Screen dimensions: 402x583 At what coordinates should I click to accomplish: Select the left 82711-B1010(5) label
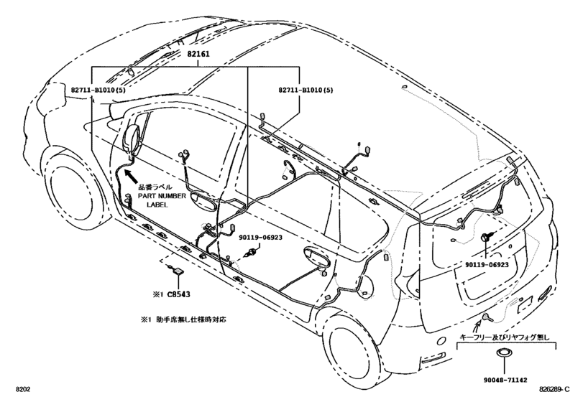(100, 90)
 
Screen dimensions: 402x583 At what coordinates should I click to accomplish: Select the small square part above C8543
(176, 270)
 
